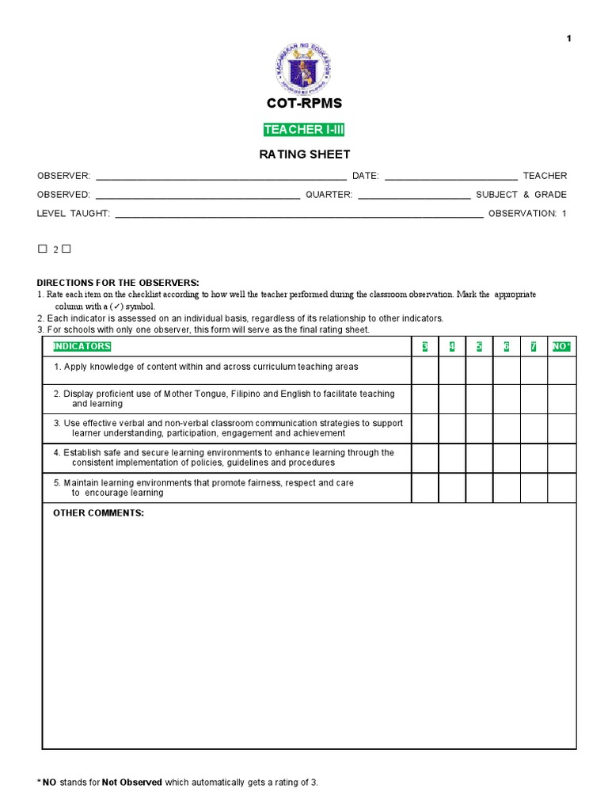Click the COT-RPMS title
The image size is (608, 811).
(304, 104)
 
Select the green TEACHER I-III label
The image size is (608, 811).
(304, 130)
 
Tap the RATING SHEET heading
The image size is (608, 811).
(304, 154)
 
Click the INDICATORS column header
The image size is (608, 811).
(82, 347)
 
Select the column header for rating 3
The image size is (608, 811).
(425, 347)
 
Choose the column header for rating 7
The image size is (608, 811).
(534, 347)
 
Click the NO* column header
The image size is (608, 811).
(561, 347)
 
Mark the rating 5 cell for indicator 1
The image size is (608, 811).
(479, 371)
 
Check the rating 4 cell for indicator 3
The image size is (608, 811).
(452, 428)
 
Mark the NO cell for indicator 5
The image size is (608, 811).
(561, 488)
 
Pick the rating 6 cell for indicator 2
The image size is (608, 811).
(507, 399)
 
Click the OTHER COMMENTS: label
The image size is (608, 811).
(98, 513)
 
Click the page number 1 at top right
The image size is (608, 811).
(568, 40)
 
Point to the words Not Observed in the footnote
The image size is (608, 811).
(132, 782)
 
